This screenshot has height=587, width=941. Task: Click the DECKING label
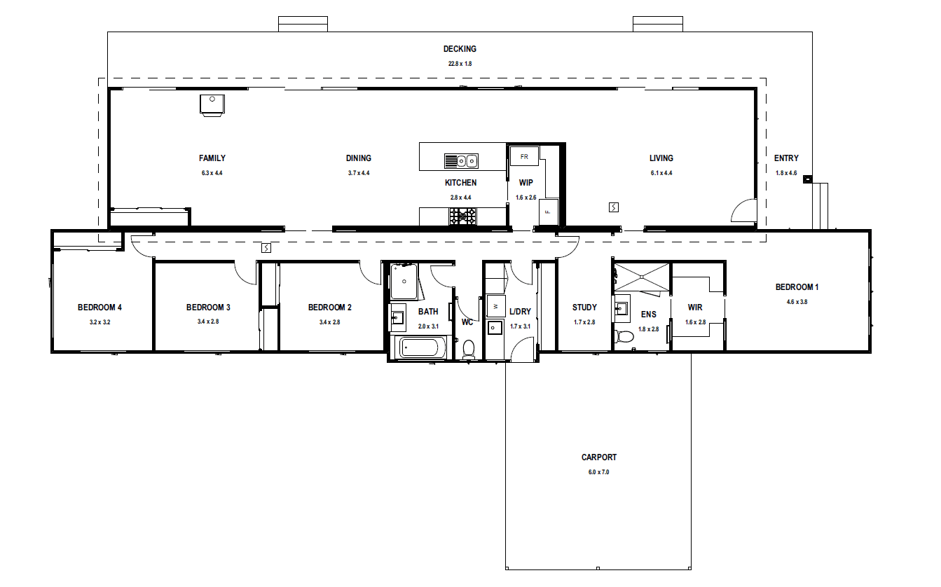pyautogui.click(x=460, y=49)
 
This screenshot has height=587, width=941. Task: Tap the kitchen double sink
pyautogui.click(x=461, y=161)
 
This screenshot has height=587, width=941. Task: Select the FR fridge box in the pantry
pyautogui.click(x=524, y=156)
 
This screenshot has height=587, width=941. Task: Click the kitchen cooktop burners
pyautogui.click(x=462, y=216)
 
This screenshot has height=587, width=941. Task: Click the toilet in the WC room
pyautogui.click(x=469, y=350)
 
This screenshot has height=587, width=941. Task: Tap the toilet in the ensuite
pyautogui.click(x=624, y=337)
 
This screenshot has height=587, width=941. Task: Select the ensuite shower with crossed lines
pyautogui.click(x=642, y=277)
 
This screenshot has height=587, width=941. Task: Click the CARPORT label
pyautogui.click(x=598, y=457)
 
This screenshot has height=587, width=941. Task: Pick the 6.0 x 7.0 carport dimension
pyautogui.click(x=598, y=472)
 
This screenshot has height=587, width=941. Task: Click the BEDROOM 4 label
pyautogui.click(x=99, y=308)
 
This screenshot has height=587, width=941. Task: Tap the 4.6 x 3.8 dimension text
pyautogui.click(x=797, y=302)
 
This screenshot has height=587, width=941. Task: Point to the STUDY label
pyautogui.click(x=584, y=308)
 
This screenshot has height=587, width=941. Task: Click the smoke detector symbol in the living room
pyautogui.click(x=613, y=207)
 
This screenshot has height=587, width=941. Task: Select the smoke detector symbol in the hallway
pyautogui.click(x=266, y=248)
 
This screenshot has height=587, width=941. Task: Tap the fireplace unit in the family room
pyautogui.click(x=212, y=105)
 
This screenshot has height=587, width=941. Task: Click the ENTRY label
pyautogui.click(x=786, y=158)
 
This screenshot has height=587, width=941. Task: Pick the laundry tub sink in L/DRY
pyautogui.click(x=495, y=328)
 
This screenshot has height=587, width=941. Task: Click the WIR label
pyautogui.click(x=695, y=308)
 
